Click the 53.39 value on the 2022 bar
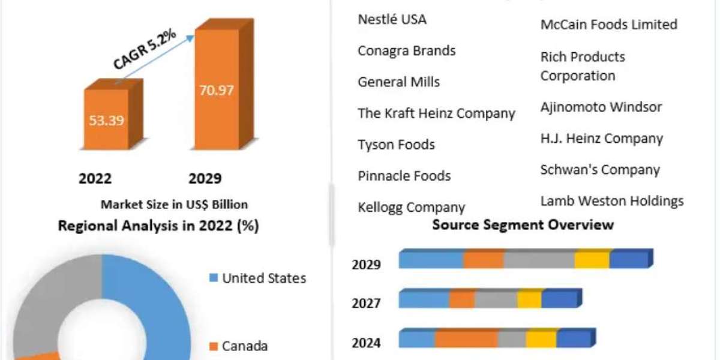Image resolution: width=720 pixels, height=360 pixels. pos(106,121)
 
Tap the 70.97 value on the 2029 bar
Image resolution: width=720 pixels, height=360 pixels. pos(217,91)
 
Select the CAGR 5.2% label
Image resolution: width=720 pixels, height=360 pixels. pos(145,49)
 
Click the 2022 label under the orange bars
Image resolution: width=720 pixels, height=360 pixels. pos(95,178)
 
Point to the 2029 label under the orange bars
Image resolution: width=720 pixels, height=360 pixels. pos(205,178)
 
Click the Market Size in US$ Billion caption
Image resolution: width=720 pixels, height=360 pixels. pos(174,205)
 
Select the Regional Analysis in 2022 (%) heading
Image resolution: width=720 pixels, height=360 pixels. pos(158,226)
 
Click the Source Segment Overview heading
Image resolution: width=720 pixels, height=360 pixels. pos(523,224)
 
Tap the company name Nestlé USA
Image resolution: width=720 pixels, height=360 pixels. pos(392,19)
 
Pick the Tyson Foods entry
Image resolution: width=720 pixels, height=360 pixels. pos(397,145)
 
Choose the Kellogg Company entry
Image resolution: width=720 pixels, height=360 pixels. pos(412,208)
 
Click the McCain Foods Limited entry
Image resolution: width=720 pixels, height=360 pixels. pos(609,25)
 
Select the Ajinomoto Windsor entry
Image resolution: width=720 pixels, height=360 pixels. pos(601,107)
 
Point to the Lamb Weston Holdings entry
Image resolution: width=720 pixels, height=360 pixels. pos(612,201)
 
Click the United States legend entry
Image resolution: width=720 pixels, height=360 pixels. pos(258,278)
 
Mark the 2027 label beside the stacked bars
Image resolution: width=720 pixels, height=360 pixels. pos(366,304)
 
